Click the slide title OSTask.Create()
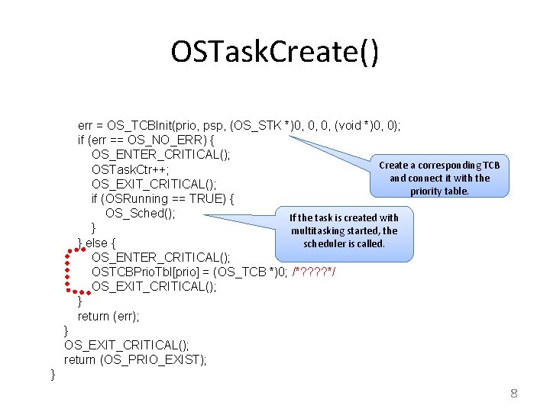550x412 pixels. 274,52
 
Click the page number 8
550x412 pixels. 514,394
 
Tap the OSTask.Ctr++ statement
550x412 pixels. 130,169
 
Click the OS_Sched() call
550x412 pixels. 141,213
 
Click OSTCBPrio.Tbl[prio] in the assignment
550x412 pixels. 150,272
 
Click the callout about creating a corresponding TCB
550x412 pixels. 439,178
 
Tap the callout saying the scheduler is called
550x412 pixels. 344,230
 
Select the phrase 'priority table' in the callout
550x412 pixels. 439,191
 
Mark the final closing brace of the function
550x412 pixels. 52,374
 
